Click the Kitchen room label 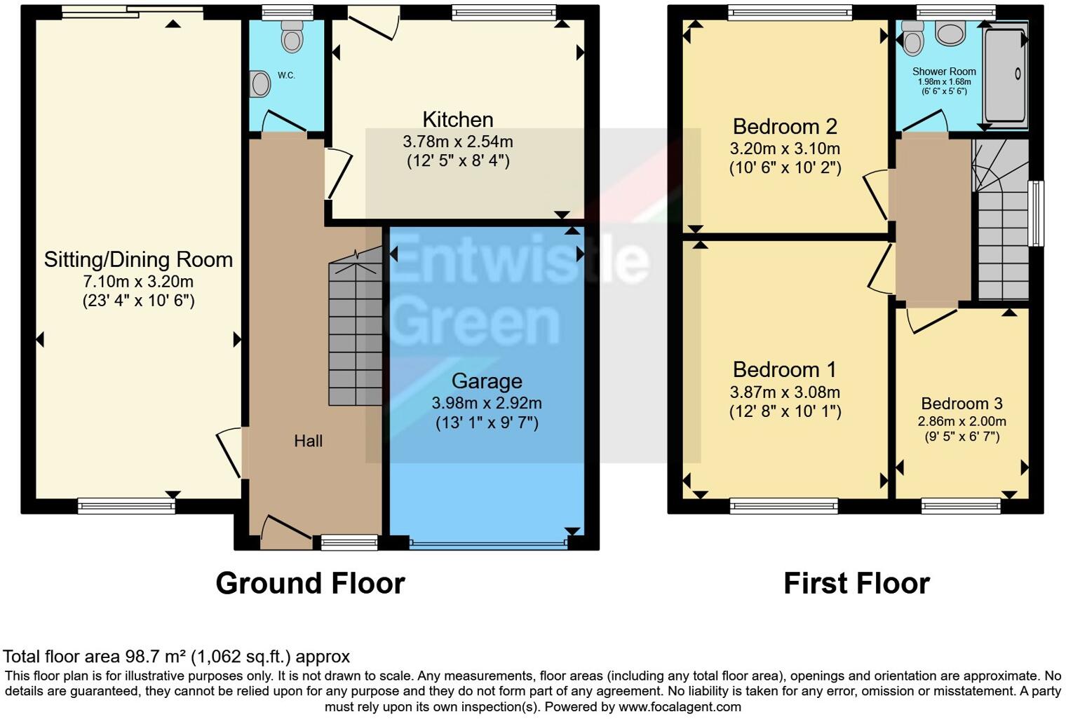457,119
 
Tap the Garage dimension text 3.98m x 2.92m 486,403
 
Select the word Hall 308,441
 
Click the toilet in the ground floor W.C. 292,36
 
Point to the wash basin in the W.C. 261,83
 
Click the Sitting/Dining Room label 138,259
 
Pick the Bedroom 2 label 785,127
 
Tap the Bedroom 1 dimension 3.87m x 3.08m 785,392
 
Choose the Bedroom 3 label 962,404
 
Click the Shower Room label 944,71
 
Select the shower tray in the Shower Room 1006,76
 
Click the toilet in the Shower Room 913,39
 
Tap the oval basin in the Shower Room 951,33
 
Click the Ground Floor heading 310,583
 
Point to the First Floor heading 856,583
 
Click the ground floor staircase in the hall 356,333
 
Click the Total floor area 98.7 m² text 176,657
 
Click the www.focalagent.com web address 680,706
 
